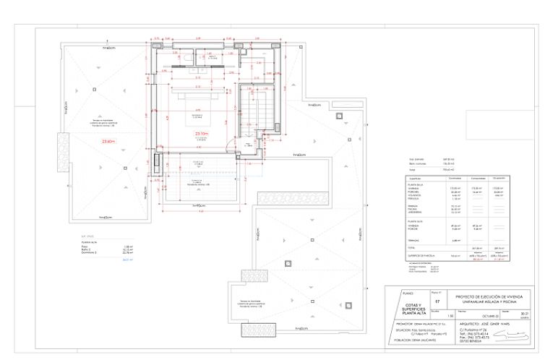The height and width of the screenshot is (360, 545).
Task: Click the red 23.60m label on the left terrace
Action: click(x=109, y=141)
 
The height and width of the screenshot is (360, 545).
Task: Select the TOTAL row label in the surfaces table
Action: click(x=413, y=247)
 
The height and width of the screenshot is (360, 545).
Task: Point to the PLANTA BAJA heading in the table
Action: click(x=416, y=184)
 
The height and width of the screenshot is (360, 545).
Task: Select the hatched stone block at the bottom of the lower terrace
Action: click(x=254, y=276)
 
